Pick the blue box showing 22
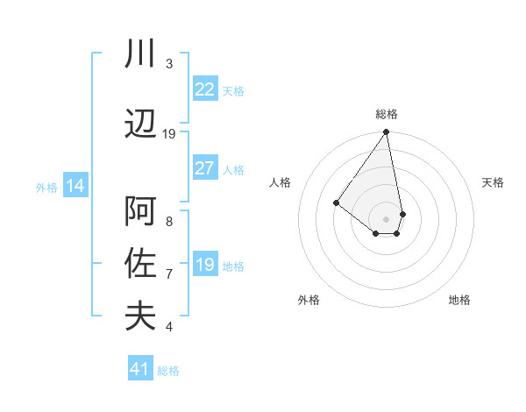coord(205,89)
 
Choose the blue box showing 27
coord(205,168)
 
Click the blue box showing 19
coord(205,265)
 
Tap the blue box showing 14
coord(75,186)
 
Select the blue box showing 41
coord(140,369)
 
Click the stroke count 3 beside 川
coord(168,64)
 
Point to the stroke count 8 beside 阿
coord(168,221)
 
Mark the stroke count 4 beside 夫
coord(168,327)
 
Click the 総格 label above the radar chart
coord(387,114)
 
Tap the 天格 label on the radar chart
coord(493,182)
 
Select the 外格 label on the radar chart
coord(309,300)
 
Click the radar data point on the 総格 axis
coord(387,133)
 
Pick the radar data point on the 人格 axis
coord(336,203)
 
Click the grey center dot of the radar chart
coord(387,218)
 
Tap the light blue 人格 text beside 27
coord(233,169)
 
